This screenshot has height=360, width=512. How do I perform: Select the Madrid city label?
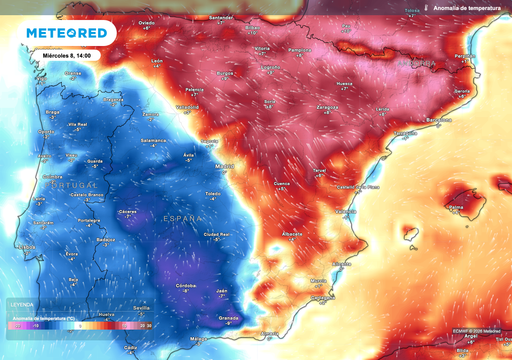coord(224,164)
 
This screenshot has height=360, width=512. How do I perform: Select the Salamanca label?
coord(154,141)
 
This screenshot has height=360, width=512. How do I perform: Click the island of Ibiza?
coord(408,235)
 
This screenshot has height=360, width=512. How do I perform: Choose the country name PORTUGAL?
coord(75,186)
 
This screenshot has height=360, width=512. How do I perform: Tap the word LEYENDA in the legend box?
coord(22,302)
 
